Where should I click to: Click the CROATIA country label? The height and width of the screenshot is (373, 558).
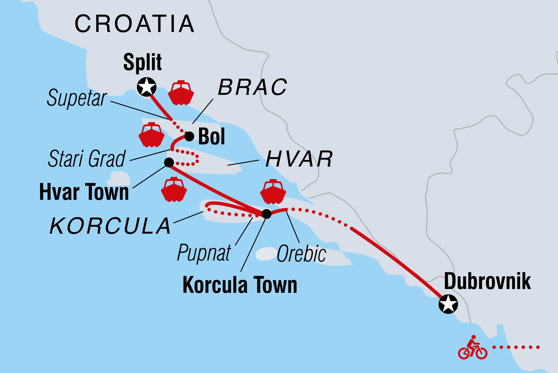pos(135,24)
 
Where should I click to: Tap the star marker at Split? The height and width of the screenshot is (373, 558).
pos(147,87)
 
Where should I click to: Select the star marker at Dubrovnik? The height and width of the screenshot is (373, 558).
pos(448,304)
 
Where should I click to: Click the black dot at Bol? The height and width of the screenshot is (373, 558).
pos(189,137)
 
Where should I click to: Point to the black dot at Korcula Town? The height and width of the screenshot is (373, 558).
pos(266,214)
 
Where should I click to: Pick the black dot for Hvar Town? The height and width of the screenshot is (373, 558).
pos(169,162)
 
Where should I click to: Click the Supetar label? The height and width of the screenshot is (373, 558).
pos(77,98)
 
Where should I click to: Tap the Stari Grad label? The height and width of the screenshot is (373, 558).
pos(87,159)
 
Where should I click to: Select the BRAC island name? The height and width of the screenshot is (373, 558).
pos(252,87)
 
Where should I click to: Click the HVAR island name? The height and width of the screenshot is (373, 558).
pos(299,159)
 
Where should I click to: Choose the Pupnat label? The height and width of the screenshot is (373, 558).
pos(204,252)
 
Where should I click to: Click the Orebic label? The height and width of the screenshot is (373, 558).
pos(301,254)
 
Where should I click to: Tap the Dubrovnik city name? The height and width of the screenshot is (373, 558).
pos(487,281)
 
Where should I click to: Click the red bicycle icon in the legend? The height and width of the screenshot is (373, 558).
pos(473,348)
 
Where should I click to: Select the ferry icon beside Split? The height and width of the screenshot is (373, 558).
pos(181,93)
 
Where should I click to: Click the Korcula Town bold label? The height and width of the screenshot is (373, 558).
pos(240,285)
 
